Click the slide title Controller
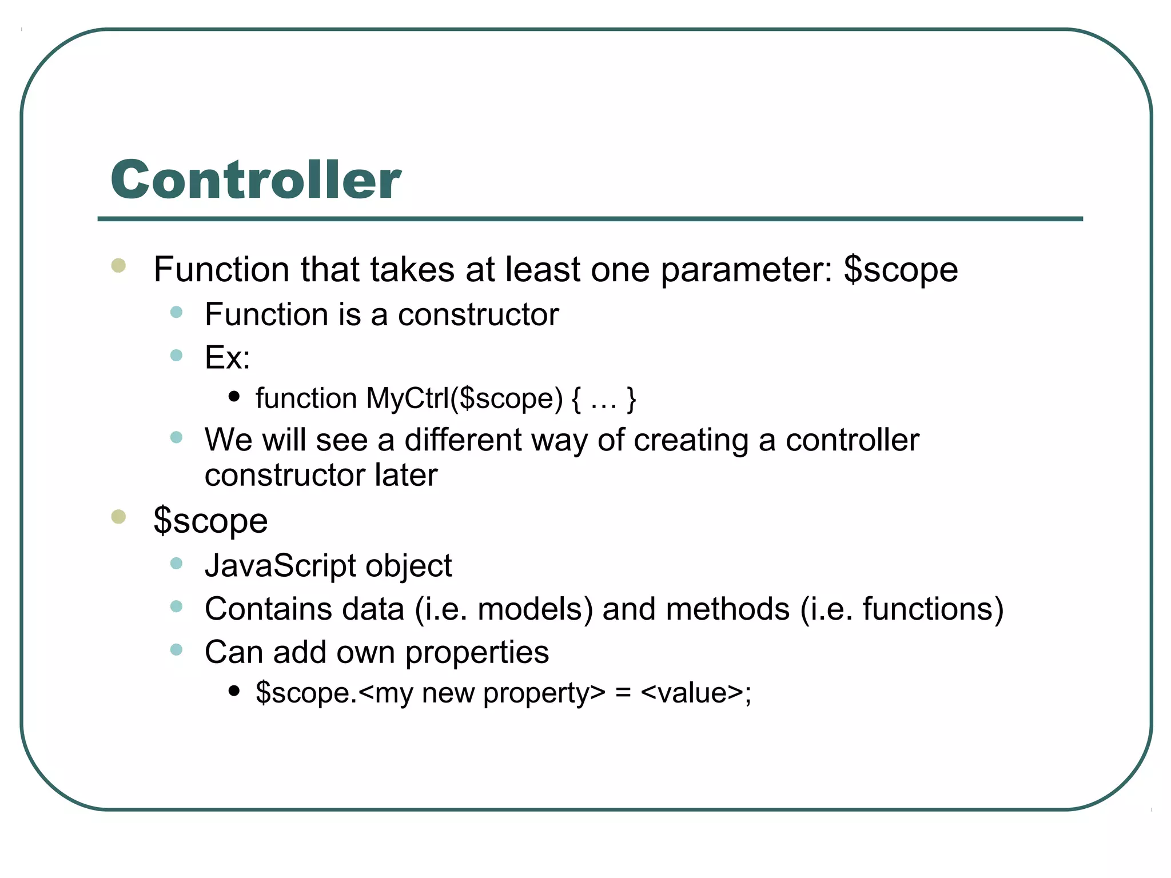tap(256, 180)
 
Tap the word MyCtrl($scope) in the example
tap(464, 398)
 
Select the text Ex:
tap(228, 358)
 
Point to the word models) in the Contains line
tap(535, 609)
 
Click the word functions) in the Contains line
tap(933, 609)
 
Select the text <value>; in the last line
tap(696, 693)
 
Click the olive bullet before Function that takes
tap(118, 265)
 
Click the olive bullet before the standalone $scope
tap(118, 517)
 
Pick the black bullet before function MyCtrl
tap(233, 396)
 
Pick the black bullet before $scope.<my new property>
tap(233, 691)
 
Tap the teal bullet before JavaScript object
tap(176, 564)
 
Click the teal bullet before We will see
tap(176, 438)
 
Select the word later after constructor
tap(406, 475)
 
